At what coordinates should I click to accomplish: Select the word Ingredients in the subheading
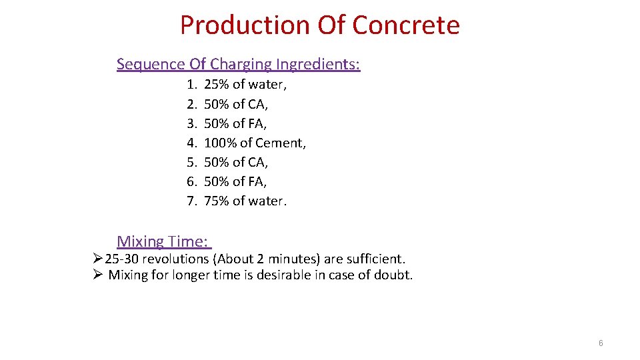(319, 65)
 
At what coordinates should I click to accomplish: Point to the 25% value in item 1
(216, 85)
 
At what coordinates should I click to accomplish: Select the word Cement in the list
(279, 143)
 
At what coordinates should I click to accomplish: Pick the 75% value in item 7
(216, 201)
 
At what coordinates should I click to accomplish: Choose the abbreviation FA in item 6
(257, 181)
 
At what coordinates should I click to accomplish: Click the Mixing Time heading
(163, 241)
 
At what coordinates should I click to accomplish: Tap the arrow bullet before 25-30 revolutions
(98, 259)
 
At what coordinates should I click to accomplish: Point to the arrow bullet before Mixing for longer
(98, 275)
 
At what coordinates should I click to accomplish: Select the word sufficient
(375, 259)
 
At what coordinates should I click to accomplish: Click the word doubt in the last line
(394, 275)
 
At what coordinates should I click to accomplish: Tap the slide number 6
(601, 343)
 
